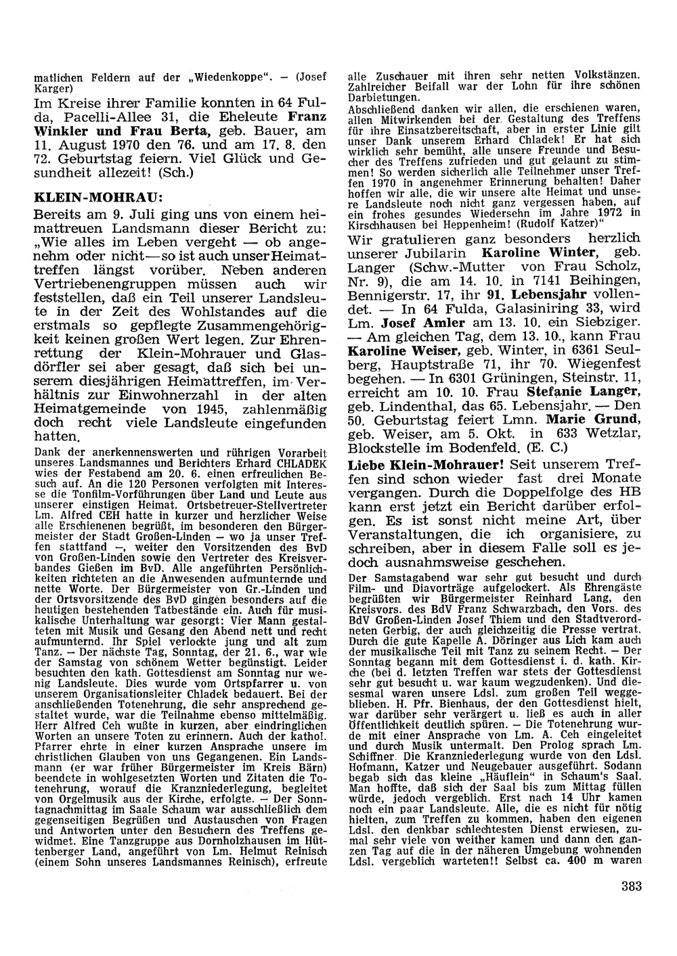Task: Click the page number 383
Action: pos(631,887)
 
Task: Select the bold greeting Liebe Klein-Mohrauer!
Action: pos(427,466)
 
